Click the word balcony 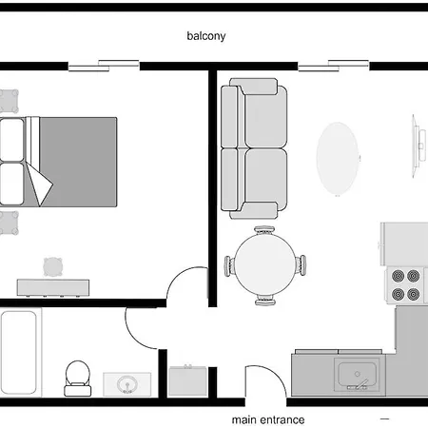click(x=206, y=38)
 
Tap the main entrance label click(x=269, y=418)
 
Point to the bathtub click(x=19, y=353)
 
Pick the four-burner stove click(x=406, y=282)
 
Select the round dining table click(x=264, y=265)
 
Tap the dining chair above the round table click(x=264, y=231)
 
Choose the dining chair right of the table click(x=302, y=265)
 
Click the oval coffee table click(x=339, y=156)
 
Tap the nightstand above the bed click(x=10, y=100)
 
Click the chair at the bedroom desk click(x=52, y=265)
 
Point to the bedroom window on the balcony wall click(x=104, y=66)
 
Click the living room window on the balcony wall click(x=333, y=66)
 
